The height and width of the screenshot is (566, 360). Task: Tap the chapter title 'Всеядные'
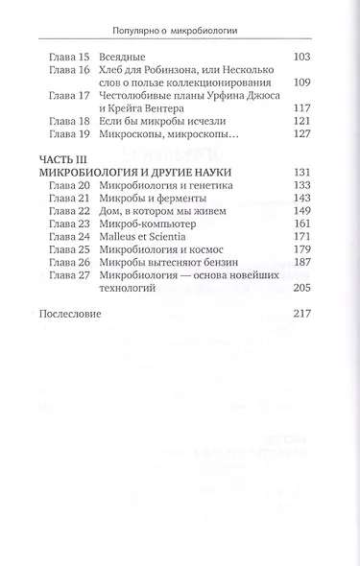click(108, 59)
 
